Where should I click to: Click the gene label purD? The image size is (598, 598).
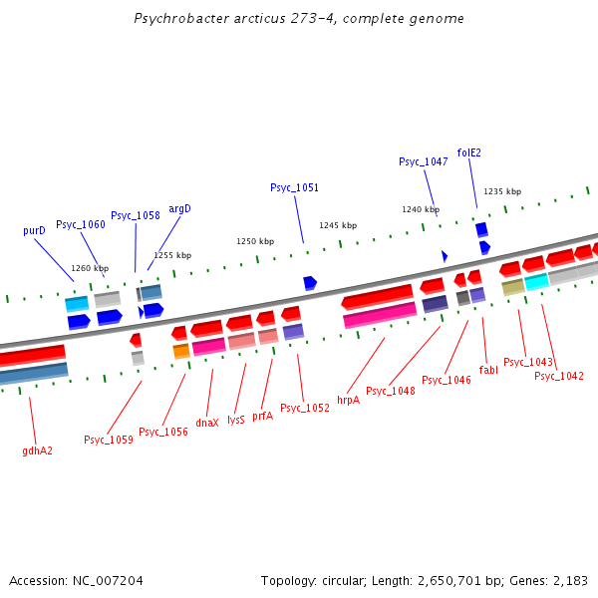point(34,230)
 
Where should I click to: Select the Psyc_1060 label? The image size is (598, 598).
point(81,224)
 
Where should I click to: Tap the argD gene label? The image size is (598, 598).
point(179,208)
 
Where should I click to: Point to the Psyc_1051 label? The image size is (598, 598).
point(295,187)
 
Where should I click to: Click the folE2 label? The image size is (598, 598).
point(469,152)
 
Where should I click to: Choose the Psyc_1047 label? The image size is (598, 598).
point(424,161)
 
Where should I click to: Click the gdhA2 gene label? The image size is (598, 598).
point(37,450)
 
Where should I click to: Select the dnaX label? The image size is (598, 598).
point(207,423)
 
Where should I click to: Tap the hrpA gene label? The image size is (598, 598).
point(348,400)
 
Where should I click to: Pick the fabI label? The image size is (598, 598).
point(488,370)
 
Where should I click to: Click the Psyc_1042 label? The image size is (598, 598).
point(559,376)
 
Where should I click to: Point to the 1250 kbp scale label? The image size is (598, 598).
point(255,241)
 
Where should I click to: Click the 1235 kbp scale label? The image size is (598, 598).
point(502,191)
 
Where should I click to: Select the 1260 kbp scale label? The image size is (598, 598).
point(90,268)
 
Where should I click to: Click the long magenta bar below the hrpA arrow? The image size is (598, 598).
point(380,314)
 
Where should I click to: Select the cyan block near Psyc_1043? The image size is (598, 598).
point(537,282)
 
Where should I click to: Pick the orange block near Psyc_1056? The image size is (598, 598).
point(181,351)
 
